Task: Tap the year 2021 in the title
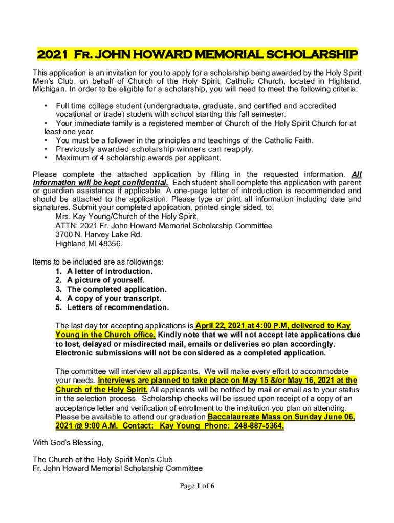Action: (x=52, y=54)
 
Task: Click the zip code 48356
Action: (x=111, y=244)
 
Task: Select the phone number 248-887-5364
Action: (x=258, y=426)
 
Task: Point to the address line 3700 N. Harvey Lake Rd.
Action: (x=99, y=234)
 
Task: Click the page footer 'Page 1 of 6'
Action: (x=197, y=486)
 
